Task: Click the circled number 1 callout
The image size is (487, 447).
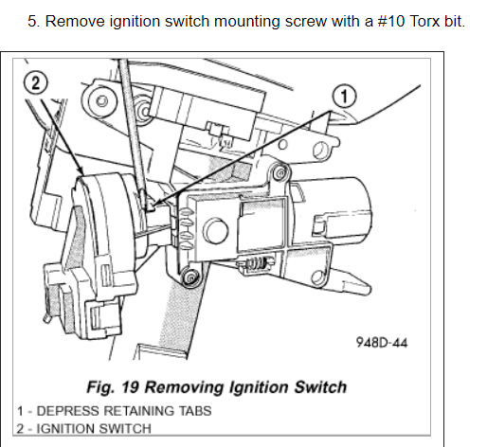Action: click(344, 97)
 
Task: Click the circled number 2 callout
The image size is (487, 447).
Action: click(36, 82)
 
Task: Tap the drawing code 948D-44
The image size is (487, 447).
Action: click(382, 342)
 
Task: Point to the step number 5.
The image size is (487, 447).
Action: click(33, 22)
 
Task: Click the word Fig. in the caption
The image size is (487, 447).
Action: click(100, 387)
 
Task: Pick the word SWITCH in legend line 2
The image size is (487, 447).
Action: click(125, 429)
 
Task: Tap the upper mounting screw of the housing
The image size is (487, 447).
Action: click(280, 172)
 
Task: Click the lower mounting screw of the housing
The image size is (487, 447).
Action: click(190, 277)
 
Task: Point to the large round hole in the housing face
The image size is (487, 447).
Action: click(215, 230)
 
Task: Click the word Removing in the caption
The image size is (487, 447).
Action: click(184, 387)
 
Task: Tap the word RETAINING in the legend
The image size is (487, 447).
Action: click(138, 411)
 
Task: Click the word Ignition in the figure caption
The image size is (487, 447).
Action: click(259, 387)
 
